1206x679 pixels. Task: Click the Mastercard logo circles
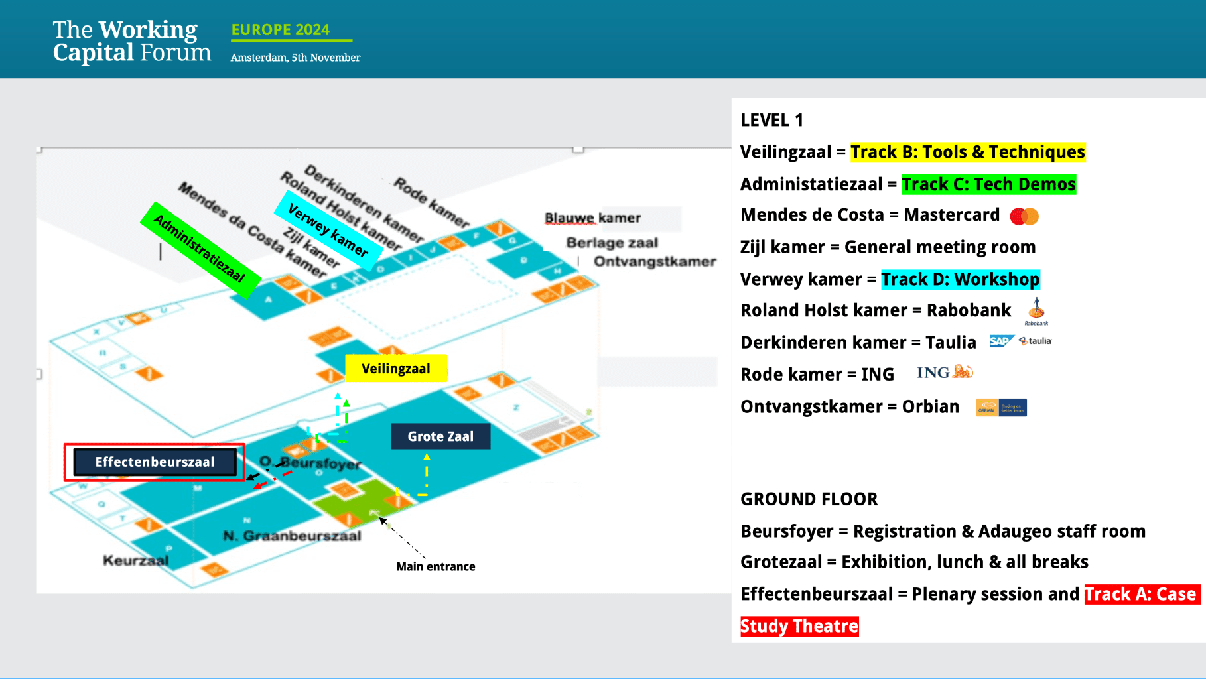1024,216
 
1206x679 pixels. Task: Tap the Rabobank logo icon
1036,309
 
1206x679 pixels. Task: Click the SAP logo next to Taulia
1001,341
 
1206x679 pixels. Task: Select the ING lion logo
963,372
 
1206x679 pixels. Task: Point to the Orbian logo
1001,407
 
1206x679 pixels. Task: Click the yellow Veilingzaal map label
396,369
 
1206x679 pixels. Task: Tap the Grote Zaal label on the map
440,436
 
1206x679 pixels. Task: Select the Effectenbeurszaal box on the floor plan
155,462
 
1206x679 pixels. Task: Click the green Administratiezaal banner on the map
200,249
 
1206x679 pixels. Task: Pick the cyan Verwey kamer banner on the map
328,231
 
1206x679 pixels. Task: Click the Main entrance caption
436,566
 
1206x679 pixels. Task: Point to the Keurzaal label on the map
136,561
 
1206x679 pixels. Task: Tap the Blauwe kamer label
593,218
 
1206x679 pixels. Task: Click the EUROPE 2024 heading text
281,30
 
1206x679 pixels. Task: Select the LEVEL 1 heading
771,120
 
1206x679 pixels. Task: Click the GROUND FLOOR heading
809,499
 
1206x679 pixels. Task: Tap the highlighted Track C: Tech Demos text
988,184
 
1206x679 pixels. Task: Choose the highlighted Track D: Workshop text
960,279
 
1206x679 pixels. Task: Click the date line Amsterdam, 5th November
295,58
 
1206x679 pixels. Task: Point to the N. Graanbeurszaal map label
293,536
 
